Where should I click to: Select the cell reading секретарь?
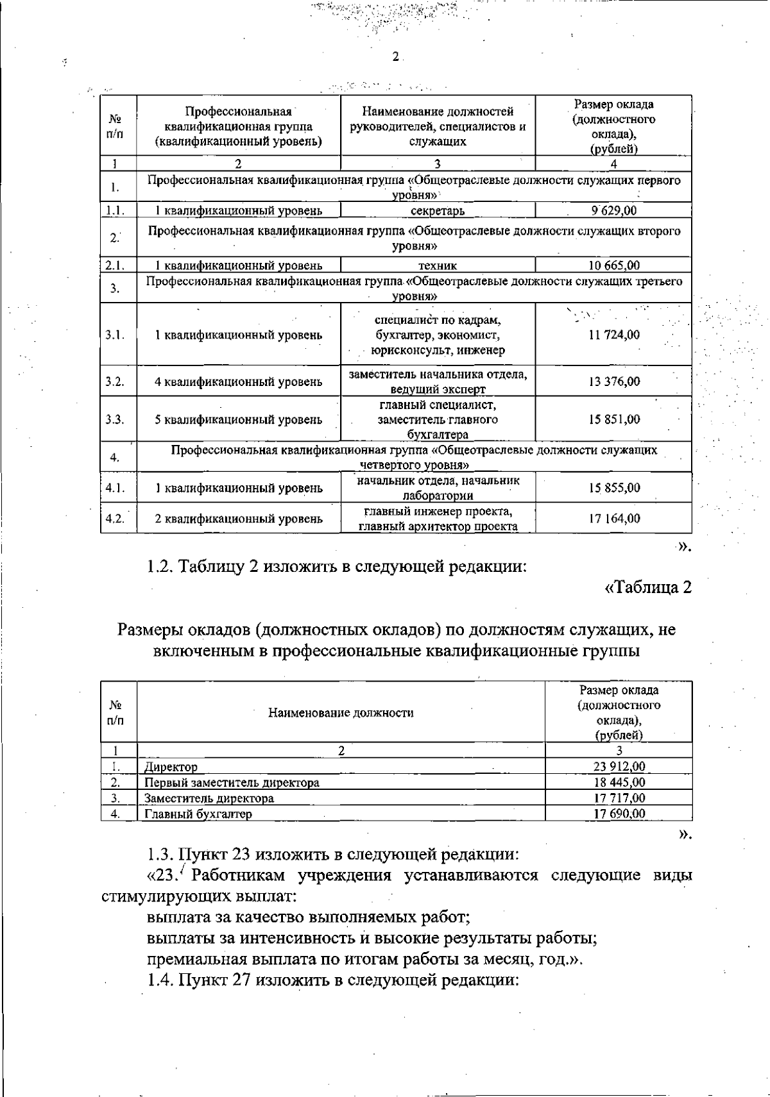[x=438, y=211]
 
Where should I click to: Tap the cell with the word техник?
[x=438, y=265]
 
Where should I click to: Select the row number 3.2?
[x=115, y=381]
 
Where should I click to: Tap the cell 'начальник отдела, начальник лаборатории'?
[x=438, y=488]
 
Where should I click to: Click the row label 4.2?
[x=115, y=519]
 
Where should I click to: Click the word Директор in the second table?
[x=171, y=767]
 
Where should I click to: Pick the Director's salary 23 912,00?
[x=619, y=766]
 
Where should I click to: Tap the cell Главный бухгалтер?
[x=198, y=814]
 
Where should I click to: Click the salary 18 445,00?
[x=619, y=782]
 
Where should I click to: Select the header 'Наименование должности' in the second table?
[x=341, y=712]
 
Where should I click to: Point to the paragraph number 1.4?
[x=160, y=980]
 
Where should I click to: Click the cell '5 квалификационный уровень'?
[x=238, y=420]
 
